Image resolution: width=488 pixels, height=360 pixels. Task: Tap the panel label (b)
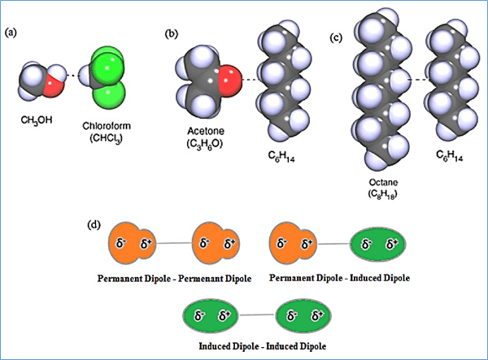pos(172,33)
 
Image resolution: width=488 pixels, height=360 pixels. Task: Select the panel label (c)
pos(335,37)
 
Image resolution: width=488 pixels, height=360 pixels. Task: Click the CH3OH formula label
pos(38,118)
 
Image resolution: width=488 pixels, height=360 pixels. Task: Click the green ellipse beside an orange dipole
pos(380,243)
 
